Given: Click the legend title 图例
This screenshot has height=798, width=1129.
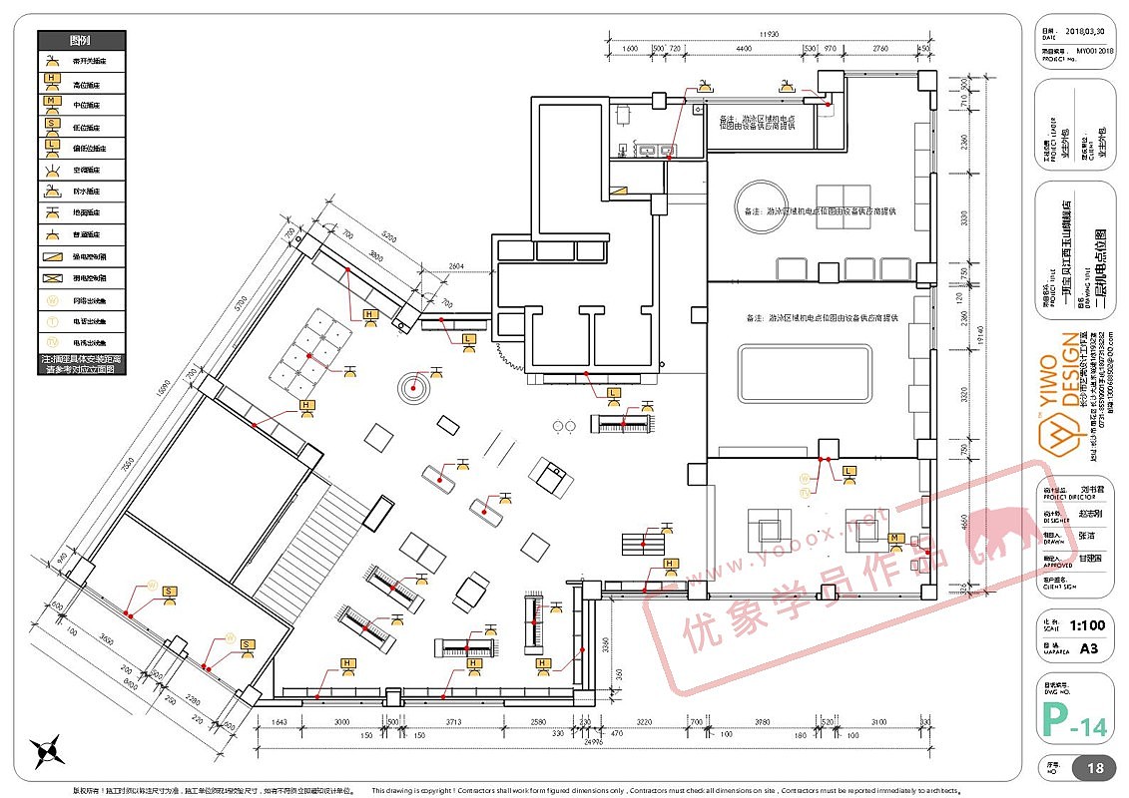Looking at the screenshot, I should click(x=82, y=41).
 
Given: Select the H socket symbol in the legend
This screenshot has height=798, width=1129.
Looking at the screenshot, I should click(x=51, y=83).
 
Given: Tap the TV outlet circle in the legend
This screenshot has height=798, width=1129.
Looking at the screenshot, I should click(x=51, y=320).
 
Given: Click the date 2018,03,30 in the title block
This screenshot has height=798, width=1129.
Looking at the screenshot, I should click(x=1088, y=32).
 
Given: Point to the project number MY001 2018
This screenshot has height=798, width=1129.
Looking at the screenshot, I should click(x=1093, y=49).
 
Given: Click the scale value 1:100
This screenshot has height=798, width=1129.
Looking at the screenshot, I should click(x=1086, y=625).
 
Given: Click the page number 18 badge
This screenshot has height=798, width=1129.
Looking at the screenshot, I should click(x=1094, y=769).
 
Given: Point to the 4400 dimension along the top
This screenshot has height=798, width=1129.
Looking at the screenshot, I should click(x=743, y=48).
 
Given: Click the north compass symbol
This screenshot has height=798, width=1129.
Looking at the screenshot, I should click(x=47, y=750).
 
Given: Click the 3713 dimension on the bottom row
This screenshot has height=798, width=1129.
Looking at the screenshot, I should click(x=452, y=721).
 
